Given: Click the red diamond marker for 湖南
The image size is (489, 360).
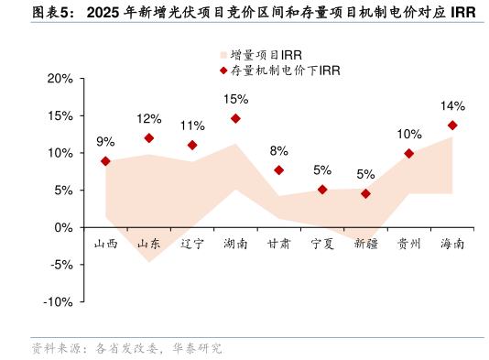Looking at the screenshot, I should [x=235, y=118].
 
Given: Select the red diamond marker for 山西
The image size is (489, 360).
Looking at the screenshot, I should [x=105, y=161].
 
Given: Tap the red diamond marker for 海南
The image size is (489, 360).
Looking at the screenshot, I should [x=452, y=125].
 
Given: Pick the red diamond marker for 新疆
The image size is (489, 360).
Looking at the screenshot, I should [x=365, y=193].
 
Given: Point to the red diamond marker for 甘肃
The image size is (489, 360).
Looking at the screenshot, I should [x=278, y=170].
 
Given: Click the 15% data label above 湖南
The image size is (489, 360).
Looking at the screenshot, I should [x=235, y=99].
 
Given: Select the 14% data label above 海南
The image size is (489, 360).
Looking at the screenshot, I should [x=452, y=106].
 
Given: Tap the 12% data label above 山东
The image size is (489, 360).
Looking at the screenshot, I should [x=149, y=119].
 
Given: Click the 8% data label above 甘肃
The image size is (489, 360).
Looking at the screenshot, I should [x=278, y=151].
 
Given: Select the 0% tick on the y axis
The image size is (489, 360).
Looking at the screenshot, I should [x=64, y=227].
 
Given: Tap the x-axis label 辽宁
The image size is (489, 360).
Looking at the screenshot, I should [x=192, y=244].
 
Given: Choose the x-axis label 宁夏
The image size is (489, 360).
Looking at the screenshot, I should [x=322, y=244].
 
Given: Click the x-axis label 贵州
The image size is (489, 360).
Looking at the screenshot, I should [x=408, y=244].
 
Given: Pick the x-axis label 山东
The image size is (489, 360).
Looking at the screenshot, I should [x=149, y=244].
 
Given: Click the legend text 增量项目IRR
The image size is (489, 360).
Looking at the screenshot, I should [x=266, y=55].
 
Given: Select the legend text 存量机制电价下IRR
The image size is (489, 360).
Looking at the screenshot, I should [x=285, y=70].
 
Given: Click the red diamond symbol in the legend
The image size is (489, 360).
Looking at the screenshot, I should [x=223, y=70].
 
